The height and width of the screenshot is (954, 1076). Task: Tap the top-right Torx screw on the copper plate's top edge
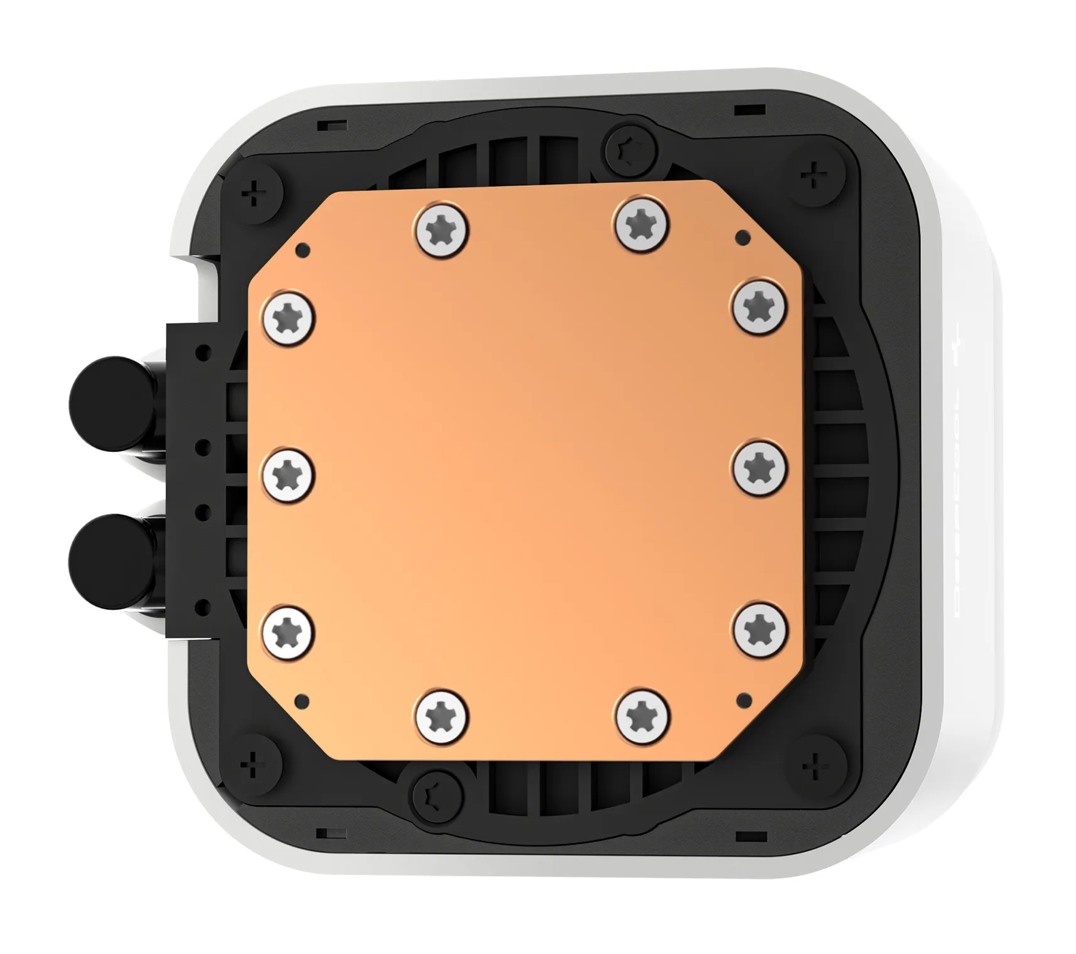(x=641, y=224)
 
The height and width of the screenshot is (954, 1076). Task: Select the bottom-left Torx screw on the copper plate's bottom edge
(x=442, y=717)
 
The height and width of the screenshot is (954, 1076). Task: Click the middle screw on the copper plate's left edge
(x=288, y=475)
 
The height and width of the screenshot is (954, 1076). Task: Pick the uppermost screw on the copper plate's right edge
(x=759, y=307)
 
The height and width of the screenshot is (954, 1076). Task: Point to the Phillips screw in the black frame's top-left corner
(x=254, y=193)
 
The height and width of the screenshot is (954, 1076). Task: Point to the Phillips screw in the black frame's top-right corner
(x=814, y=174)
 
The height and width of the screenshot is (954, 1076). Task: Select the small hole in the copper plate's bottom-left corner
(x=302, y=700)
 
